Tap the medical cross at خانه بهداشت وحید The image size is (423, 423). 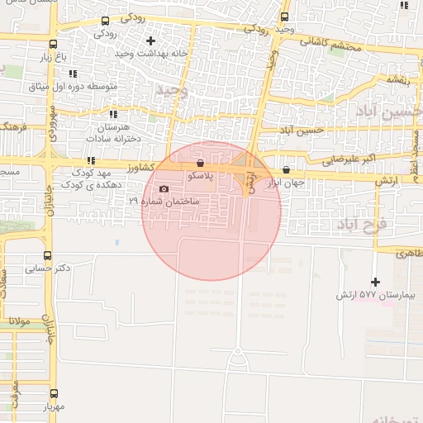(x=150, y=40)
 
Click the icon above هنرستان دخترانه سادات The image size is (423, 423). (x=113, y=114)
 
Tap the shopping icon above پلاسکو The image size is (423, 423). (x=202, y=163)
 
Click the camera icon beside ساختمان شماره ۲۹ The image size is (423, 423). (x=163, y=188)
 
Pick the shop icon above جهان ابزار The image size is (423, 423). (x=286, y=169)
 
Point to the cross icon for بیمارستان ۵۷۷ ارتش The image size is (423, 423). (x=375, y=282)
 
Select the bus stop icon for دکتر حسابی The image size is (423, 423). (x=47, y=255)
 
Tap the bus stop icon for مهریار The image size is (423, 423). (x=55, y=394)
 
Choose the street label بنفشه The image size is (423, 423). (x=396, y=80)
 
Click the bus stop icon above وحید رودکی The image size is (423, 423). (x=285, y=16)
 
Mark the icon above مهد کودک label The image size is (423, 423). (x=91, y=160)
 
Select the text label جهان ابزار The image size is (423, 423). (x=285, y=183)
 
